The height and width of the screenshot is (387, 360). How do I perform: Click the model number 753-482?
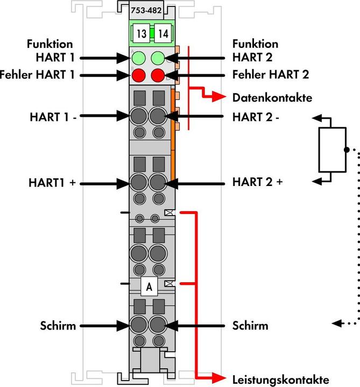pos(148,9)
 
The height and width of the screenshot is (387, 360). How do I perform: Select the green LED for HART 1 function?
pos(139,57)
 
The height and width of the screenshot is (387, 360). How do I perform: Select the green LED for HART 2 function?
pos(158,57)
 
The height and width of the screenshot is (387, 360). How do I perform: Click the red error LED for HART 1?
pos(139,74)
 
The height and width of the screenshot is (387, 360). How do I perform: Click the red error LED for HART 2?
pos(158,74)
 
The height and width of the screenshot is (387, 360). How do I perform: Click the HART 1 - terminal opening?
pos(139,115)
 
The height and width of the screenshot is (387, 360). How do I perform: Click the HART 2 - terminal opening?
pos(158,115)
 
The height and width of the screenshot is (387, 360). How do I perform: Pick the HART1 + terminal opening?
pos(139,183)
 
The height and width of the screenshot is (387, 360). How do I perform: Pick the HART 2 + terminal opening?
pos(158,183)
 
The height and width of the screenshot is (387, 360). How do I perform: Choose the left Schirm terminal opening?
pos(139,325)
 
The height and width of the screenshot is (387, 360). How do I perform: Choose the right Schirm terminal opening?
pos(158,325)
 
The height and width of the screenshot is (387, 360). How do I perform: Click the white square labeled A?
pos(149,287)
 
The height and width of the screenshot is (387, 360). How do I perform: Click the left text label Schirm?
pos(57,326)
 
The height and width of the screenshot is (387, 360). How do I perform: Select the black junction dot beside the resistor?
pos(345,149)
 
